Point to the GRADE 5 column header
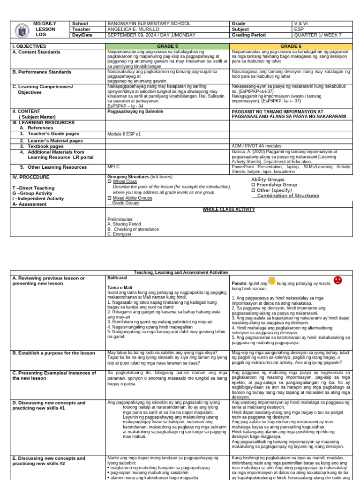coord(167,46)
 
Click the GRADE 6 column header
coord(290,46)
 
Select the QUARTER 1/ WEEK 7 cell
coord(314,35)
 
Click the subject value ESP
coord(298,29)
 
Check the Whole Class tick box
coord(109,181)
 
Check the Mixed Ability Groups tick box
coord(109,198)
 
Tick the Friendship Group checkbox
coord(254,185)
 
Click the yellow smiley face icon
coord(272,281)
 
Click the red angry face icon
coord(337,280)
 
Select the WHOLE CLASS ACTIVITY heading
coord(229,210)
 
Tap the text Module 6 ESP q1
coord(124,134)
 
